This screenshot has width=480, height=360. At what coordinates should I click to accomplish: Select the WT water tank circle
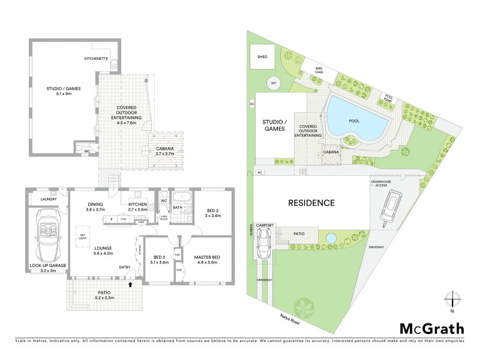[x=273, y=83]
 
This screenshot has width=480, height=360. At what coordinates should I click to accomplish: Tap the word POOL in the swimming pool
[x=354, y=120]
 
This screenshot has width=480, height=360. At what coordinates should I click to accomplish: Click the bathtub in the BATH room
[x=179, y=196]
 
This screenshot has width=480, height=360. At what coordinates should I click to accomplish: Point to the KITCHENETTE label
[x=95, y=59]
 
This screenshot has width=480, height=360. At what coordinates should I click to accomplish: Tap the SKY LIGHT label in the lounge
[x=82, y=236]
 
